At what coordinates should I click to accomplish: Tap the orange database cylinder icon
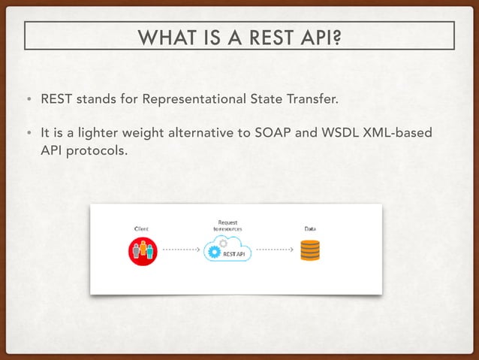309,250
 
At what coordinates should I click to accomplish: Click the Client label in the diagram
141,227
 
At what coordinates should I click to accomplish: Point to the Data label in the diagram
309,227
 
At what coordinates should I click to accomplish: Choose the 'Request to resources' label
229,225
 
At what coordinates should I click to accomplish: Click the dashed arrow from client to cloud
181,249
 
